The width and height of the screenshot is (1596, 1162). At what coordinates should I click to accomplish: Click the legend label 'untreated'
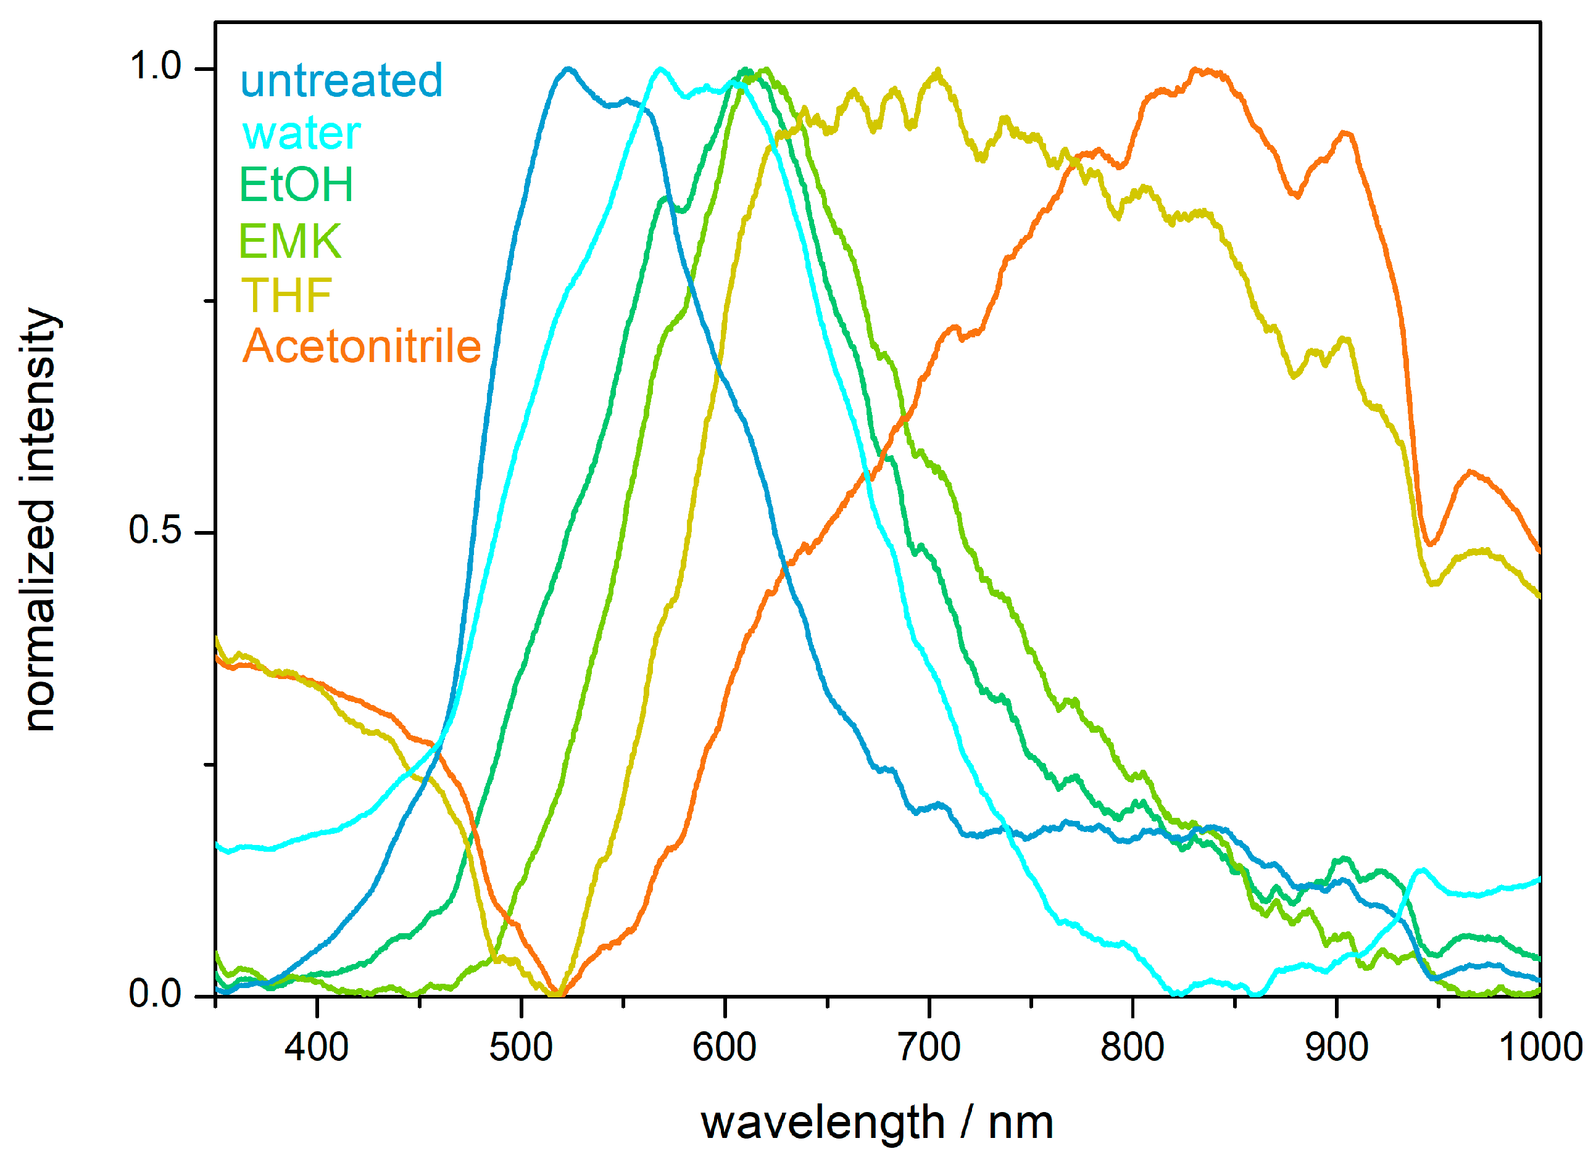(x=341, y=80)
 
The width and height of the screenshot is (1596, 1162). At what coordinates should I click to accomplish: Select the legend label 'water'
(x=301, y=133)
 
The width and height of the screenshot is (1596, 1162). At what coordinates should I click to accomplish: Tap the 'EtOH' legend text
(x=296, y=185)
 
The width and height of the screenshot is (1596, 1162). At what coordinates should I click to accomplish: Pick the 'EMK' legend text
(x=290, y=241)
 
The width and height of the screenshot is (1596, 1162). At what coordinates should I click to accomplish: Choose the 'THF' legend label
(x=286, y=295)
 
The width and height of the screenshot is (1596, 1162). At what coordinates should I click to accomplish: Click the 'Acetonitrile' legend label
(x=362, y=347)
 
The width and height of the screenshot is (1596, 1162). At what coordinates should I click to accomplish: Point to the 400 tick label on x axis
(x=317, y=1047)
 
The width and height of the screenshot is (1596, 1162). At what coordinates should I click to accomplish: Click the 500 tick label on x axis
(x=521, y=1047)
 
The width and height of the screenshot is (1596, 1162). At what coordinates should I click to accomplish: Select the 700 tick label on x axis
(x=929, y=1047)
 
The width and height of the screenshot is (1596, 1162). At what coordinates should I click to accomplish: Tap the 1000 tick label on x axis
(x=1540, y=1047)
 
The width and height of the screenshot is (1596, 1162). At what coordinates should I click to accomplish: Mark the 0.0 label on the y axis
(x=156, y=994)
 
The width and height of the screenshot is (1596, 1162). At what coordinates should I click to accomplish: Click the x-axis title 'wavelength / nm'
(x=877, y=1123)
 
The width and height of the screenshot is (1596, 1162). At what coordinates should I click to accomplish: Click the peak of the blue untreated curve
(x=568, y=69)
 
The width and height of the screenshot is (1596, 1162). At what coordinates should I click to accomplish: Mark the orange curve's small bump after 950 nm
(x=1471, y=472)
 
